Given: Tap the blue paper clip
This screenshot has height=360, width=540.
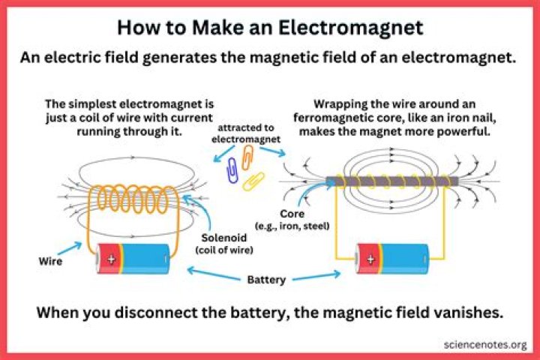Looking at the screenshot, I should [232, 170].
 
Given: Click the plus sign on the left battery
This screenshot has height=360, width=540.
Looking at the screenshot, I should [112, 259].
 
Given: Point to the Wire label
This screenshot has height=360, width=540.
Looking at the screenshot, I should [50, 262].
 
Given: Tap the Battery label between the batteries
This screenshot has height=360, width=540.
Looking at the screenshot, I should [266, 280].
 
